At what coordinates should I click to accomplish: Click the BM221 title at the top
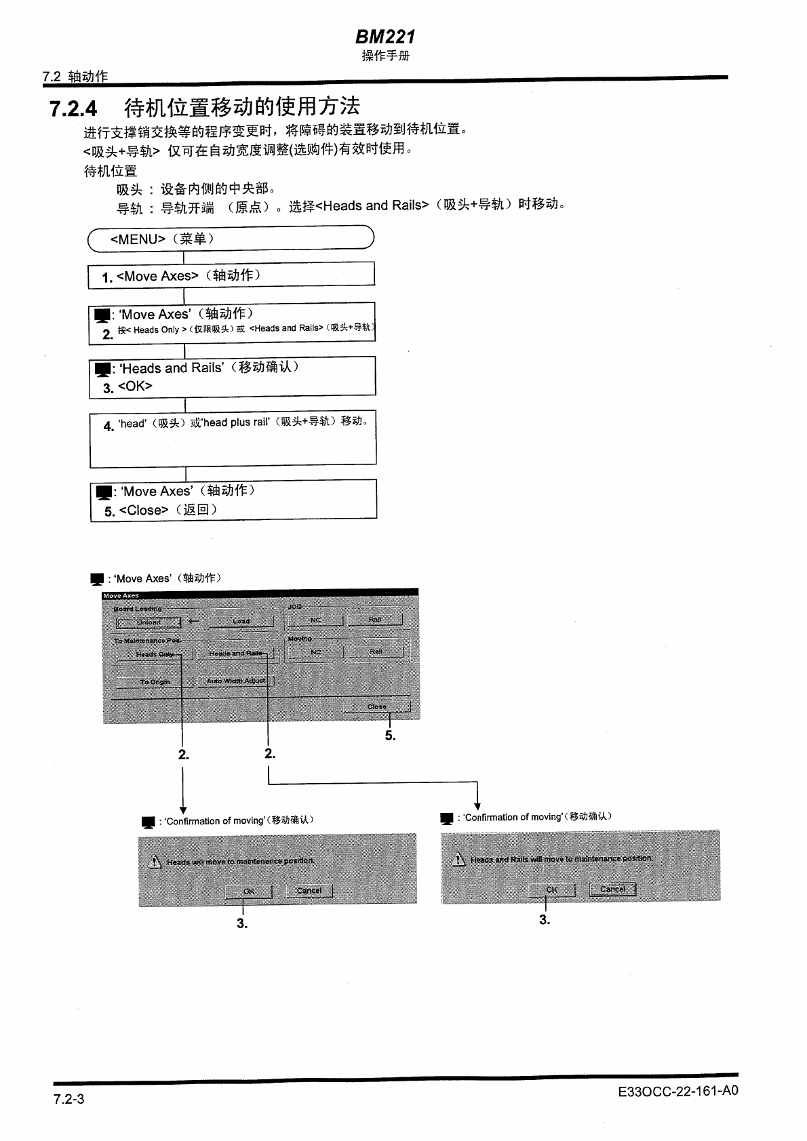[x=385, y=37]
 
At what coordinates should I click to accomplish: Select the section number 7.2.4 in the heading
[x=73, y=108]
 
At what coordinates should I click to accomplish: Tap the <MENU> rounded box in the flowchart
[x=231, y=239]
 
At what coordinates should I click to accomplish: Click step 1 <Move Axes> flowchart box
[x=231, y=275]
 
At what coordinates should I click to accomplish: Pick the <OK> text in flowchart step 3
[x=135, y=386]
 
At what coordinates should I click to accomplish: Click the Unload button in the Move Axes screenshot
[x=149, y=622]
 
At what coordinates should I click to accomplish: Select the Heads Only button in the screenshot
[x=155, y=654]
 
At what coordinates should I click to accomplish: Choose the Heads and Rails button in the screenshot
[x=235, y=654]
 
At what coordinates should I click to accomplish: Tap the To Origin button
[x=155, y=682]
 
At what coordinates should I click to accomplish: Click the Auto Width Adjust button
[x=235, y=681]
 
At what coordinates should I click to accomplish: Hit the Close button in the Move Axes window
[x=376, y=706]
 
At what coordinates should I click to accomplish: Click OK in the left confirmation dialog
[x=248, y=891]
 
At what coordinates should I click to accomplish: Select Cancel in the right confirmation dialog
[x=612, y=889]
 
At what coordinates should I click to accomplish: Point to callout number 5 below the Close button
[x=390, y=736]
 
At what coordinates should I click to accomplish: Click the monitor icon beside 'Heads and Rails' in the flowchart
[x=102, y=369]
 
